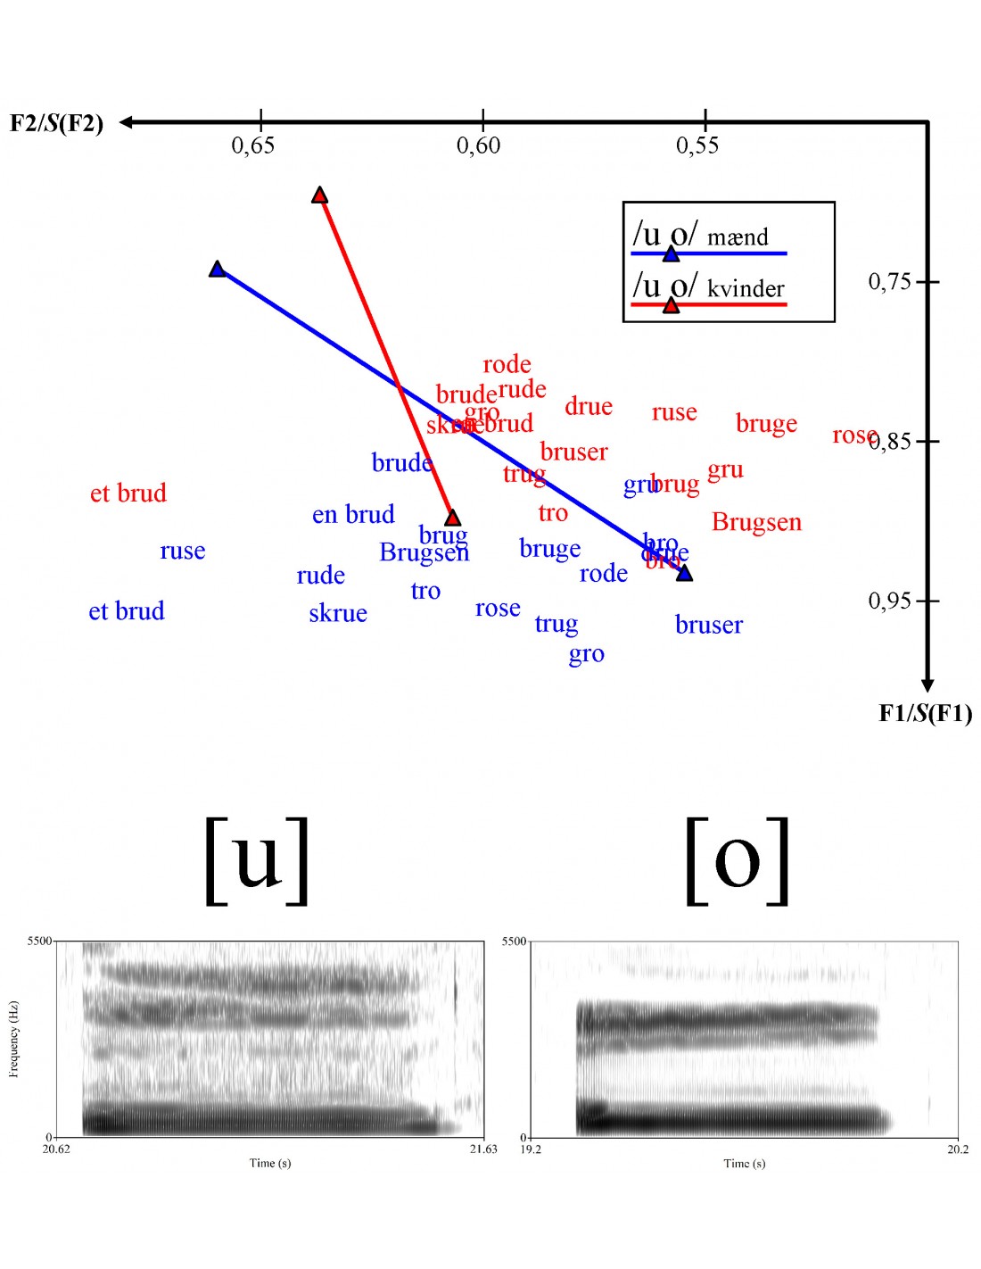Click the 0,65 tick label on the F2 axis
tap(253, 145)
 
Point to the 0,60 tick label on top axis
tap(479, 145)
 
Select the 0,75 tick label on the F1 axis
tap(890, 282)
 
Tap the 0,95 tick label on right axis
tap(890, 601)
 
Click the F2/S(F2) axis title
tap(57, 123)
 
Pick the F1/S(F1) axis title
tap(925, 713)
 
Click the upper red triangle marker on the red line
tap(320, 195)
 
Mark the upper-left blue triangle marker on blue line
tap(218, 269)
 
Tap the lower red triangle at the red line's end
tap(452, 518)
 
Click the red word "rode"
tap(507, 364)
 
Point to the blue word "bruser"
tap(709, 625)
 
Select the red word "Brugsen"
tap(756, 522)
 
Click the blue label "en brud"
tap(353, 515)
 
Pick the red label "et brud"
tap(128, 493)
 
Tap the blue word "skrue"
tap(338, 613)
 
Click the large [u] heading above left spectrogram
tap(257, 860)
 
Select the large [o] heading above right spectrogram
tap(738, 860)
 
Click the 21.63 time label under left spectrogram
tap(483, 1149)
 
